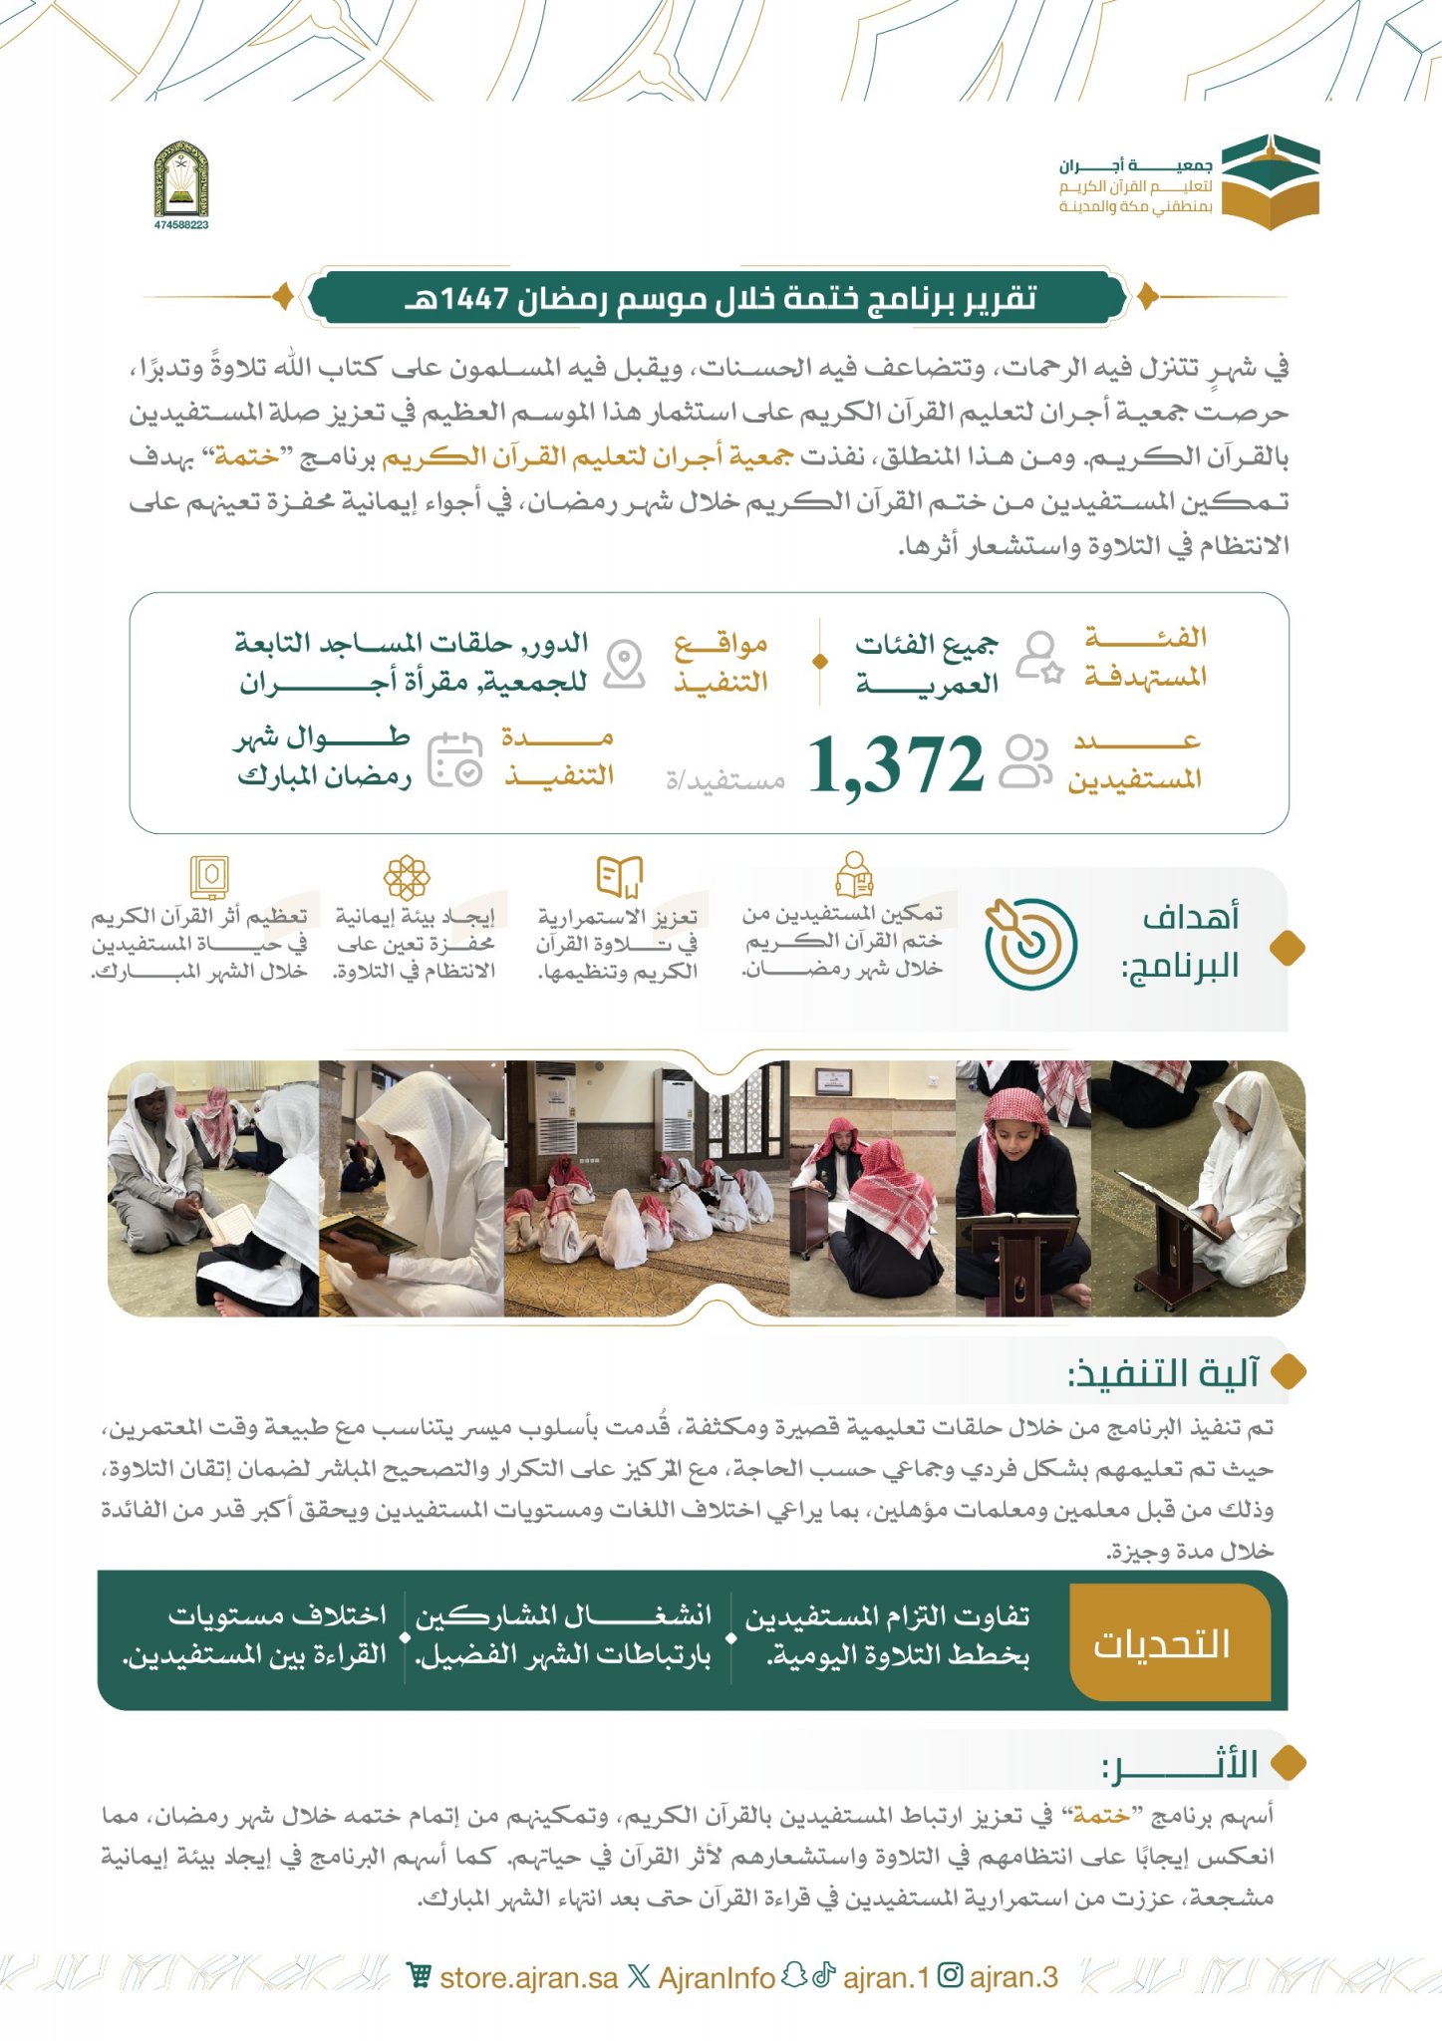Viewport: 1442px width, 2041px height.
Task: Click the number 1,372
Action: coord(895,765)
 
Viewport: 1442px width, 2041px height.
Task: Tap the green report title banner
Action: coord(719,297)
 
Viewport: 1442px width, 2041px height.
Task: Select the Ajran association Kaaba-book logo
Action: coord(1270,181)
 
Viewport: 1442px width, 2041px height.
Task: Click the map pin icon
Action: coord(625,663)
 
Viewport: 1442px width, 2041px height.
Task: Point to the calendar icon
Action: coord(455,760)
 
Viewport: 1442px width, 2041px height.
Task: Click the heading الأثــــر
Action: coord(1180,1764)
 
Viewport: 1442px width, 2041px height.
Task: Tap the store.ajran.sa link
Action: coord(528,1978)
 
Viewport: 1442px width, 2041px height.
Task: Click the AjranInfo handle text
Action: coord(716,1978)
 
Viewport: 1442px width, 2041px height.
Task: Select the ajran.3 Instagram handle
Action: coord(1012,1977)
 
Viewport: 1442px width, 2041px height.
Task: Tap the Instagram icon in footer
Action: coord(951,1976)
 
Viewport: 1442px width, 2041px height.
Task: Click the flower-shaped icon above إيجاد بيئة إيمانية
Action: coord(407,877)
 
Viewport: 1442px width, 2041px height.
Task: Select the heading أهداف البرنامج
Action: coord(1190,942)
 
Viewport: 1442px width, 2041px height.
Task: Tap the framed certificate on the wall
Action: coord(831,1080)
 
